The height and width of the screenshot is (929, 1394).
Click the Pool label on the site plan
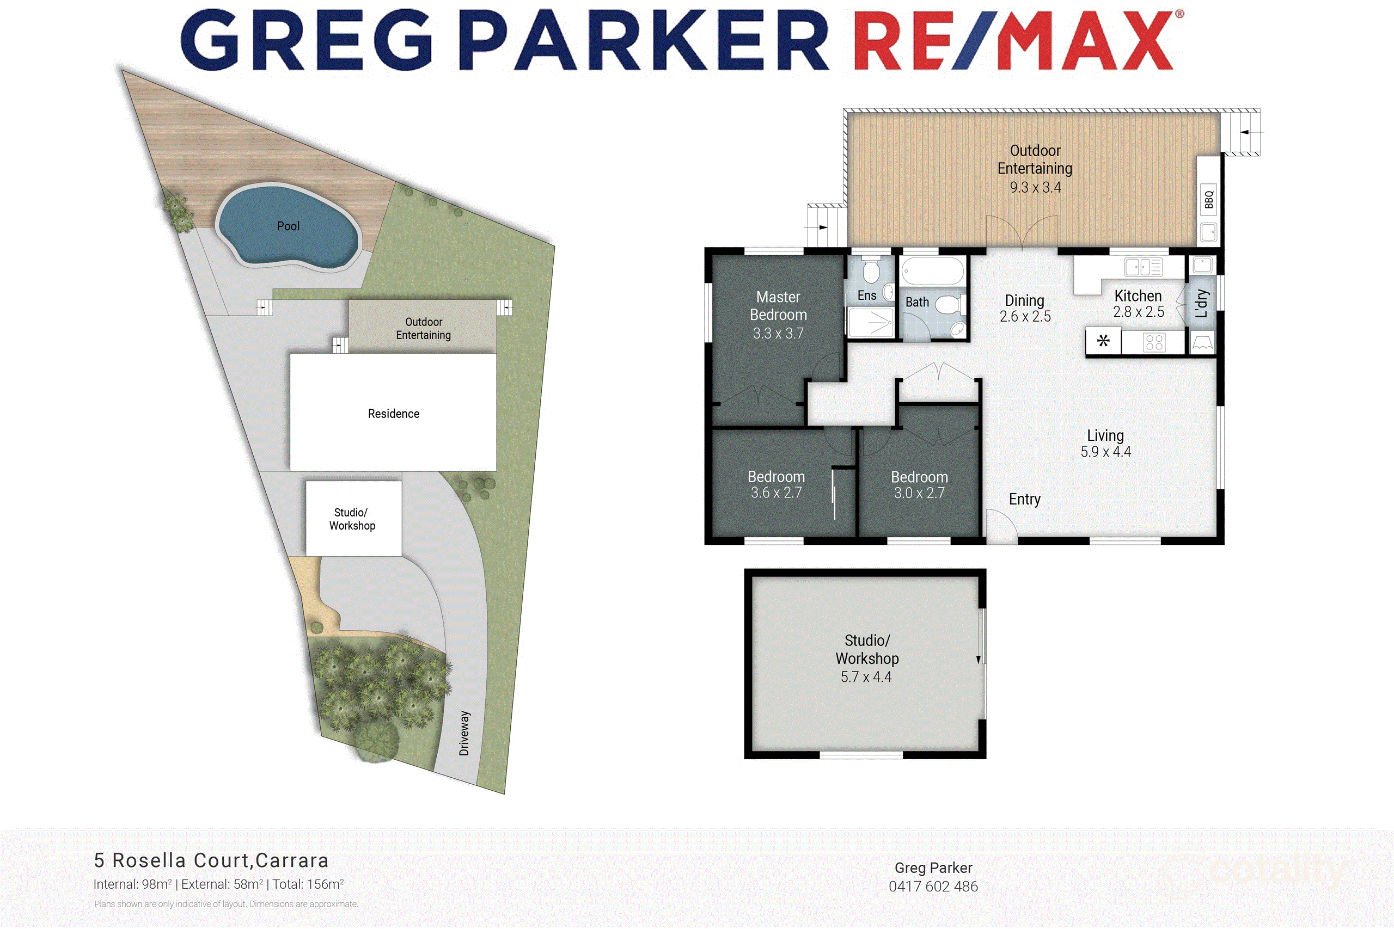coord(288,226)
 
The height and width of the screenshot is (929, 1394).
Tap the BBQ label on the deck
coord(1208,199)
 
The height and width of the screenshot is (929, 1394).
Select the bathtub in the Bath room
coord(932,272)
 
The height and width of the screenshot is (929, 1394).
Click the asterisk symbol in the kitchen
coord(1103,341)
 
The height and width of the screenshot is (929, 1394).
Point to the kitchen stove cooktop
coord(1154,342)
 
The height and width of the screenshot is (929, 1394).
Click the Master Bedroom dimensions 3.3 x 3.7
coord(778,334)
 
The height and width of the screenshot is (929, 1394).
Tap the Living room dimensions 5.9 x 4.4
coord(1105,452)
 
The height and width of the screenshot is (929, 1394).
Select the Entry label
coord(1024,500)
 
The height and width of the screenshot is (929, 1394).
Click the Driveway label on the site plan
coord(464,733)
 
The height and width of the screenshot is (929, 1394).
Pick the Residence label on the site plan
coord(394,414)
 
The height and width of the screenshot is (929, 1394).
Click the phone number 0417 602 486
coord(933,887)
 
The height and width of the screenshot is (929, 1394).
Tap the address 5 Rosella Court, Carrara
coord(211,860)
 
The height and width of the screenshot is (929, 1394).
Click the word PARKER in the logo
coord(643,40)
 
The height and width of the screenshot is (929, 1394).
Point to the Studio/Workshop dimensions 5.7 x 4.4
coord(866,677)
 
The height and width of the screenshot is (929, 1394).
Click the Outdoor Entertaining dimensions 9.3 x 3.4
coord(1035,187)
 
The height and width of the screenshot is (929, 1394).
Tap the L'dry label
coord(1201,303)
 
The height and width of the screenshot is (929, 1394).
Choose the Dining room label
coord(1024,300)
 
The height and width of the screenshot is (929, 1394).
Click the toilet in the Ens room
coord(870,271)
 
